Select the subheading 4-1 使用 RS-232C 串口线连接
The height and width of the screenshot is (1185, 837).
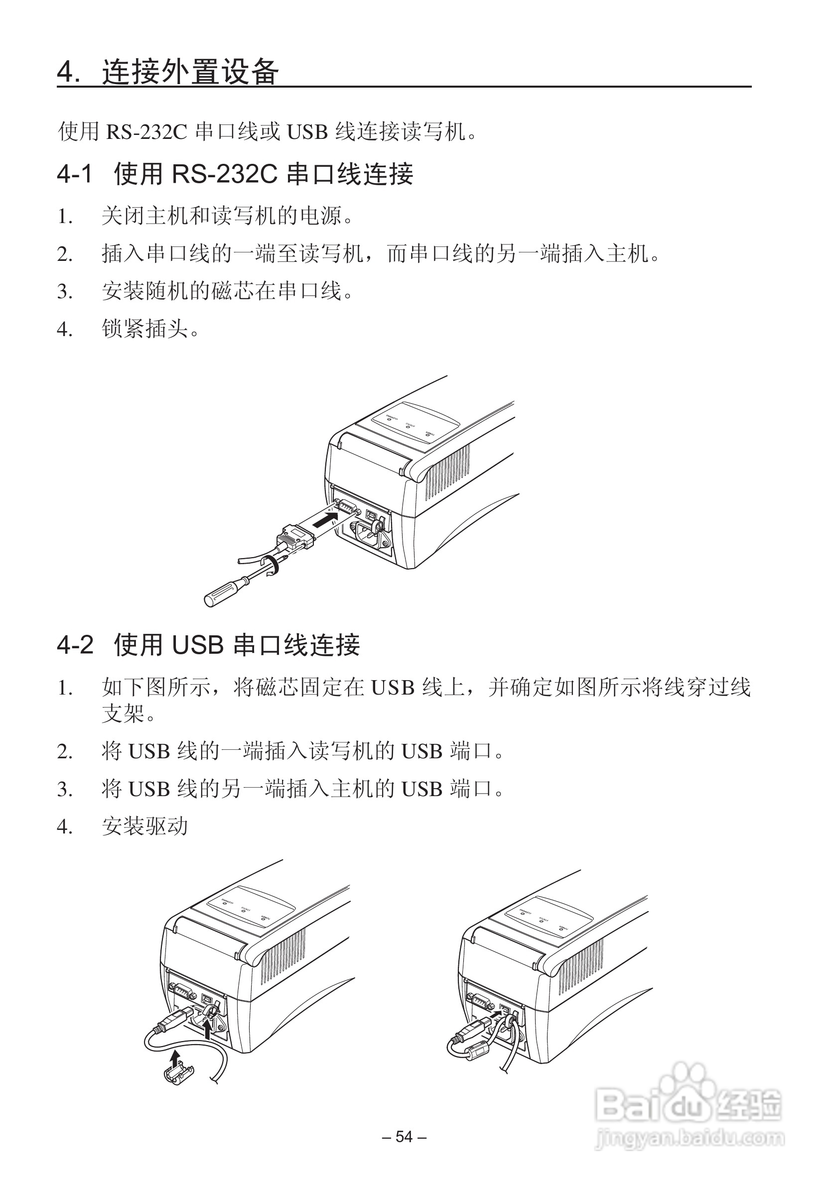(x=235, y=174)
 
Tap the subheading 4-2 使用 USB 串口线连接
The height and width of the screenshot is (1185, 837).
(x=208, y=645)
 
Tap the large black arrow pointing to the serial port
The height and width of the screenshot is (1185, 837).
(x=325, y=519)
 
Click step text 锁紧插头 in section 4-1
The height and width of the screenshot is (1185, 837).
(x=145, y=329)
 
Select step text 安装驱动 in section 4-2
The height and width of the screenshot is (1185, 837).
(x=145, y=827)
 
